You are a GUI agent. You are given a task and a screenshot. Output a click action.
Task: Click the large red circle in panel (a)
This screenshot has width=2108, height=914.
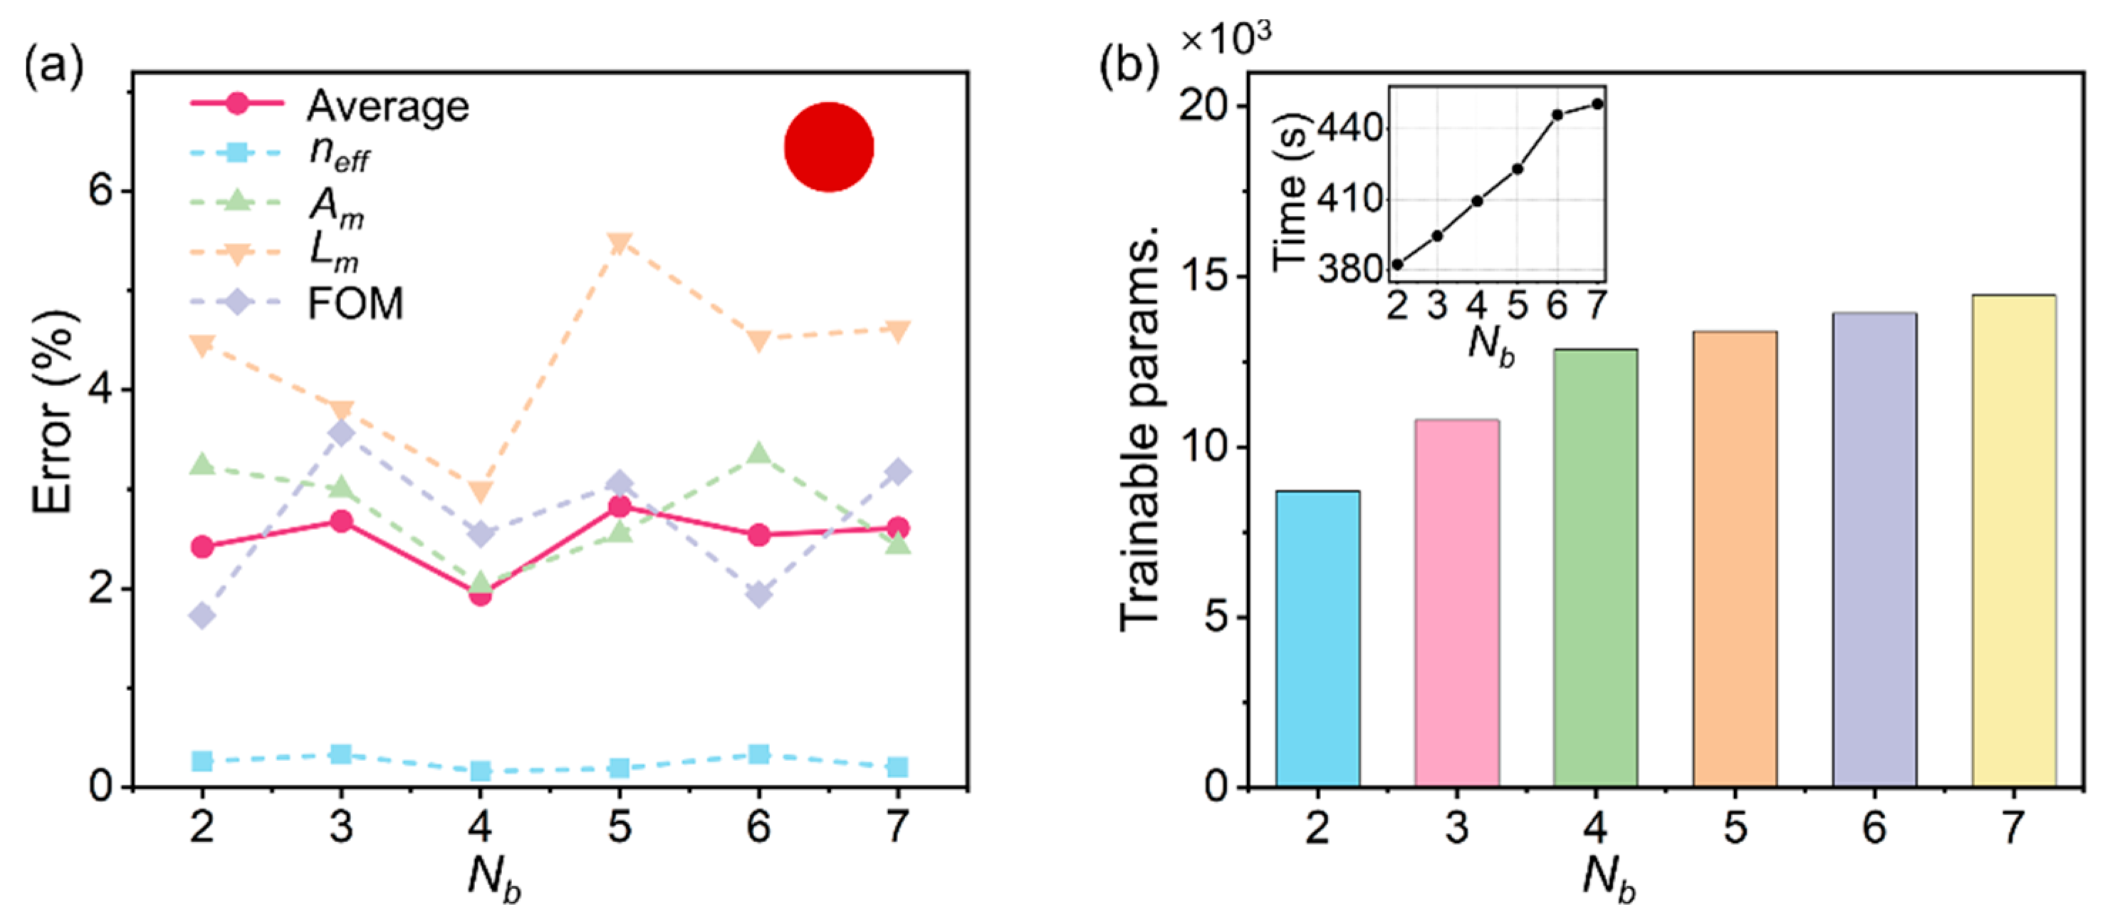828,147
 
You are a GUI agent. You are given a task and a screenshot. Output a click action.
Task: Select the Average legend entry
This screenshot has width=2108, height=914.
387,106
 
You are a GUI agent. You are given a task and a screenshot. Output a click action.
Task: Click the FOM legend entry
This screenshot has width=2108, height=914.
355,303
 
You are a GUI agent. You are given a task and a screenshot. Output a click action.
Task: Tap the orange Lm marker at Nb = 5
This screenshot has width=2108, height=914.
620,243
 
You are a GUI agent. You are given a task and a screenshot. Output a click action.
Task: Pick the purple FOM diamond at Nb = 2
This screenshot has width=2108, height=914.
202,616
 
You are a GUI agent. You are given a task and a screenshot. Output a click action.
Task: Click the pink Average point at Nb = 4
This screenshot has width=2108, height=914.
481,594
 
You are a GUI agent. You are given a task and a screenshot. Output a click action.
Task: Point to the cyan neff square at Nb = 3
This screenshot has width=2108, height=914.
341,754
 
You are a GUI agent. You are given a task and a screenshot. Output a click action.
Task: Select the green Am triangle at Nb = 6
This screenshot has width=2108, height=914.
758,453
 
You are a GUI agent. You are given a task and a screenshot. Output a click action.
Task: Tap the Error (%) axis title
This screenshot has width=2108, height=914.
53,412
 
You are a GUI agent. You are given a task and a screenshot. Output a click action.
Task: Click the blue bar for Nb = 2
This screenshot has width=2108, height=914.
1317,638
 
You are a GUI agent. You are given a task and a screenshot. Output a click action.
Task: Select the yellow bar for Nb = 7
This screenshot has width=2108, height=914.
2013,540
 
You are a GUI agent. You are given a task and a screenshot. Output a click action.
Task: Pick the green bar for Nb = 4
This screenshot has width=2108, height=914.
1596,567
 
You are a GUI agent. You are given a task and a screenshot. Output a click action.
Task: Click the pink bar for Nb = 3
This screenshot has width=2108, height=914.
1456,603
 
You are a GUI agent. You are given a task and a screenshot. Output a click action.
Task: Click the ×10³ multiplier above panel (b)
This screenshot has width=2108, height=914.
1225,38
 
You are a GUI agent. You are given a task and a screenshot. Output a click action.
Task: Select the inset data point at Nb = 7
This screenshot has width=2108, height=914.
1597,104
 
